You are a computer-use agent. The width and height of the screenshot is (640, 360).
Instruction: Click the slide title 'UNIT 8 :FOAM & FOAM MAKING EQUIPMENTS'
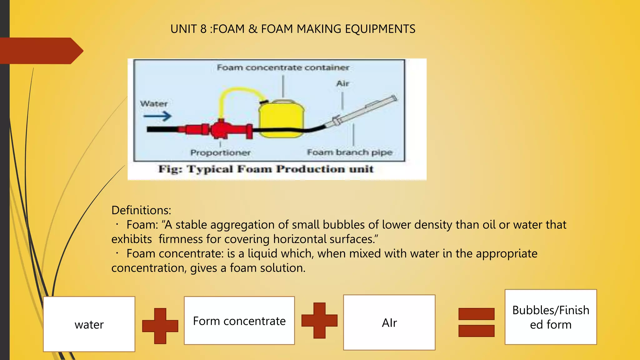click(293, 29)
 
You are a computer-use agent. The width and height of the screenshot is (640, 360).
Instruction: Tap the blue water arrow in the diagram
click(157, 117)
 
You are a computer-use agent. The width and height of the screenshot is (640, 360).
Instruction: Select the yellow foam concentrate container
click(281, 119)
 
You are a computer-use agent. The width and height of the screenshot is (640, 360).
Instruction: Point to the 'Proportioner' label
click(221, 153)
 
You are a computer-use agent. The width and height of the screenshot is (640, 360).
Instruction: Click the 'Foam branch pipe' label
click(349, 152)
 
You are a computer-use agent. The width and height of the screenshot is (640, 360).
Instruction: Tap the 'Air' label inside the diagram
click(342, 84)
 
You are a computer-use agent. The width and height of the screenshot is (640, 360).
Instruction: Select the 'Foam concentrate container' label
click(283, 67)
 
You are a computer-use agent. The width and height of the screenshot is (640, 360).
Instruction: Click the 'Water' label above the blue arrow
click(154, 104)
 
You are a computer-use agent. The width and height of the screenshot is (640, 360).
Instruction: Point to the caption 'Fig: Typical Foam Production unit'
click(266, 169)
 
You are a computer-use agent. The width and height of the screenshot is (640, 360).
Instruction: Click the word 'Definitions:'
click(141, 210)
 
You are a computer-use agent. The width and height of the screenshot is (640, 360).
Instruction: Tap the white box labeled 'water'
click(89, 324)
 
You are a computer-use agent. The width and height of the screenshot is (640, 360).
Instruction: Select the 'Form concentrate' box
click(239, 321)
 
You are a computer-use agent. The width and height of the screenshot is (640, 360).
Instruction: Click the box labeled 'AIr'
click(389, 322)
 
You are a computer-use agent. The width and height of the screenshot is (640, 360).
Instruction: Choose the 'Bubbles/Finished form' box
click(551, 317)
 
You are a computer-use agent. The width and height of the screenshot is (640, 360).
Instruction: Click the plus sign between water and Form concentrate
click(160, 326)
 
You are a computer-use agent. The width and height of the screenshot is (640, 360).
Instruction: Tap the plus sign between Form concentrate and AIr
click(319, 320)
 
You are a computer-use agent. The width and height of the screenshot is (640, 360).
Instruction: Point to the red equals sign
click(476, 322)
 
